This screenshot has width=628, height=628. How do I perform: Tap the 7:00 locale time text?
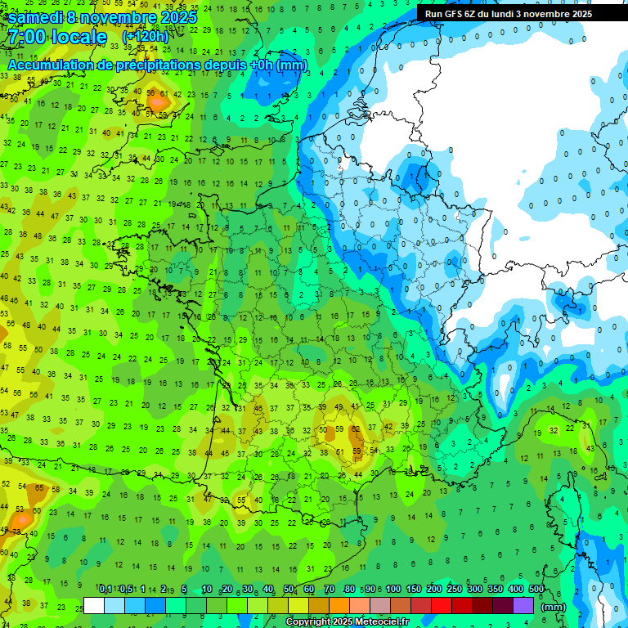coord(57,37)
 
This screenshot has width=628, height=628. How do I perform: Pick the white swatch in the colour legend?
coord(94,606)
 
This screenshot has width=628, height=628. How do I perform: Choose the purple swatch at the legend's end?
coord(523,606)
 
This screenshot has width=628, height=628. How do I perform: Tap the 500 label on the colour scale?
coord(536,590)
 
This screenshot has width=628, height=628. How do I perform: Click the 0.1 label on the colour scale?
coord(105,590)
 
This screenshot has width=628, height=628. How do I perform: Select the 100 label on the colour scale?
coord(392,590)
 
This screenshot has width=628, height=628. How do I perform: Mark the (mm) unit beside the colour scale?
coord(554,607)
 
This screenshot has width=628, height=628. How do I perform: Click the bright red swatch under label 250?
coord(442,606)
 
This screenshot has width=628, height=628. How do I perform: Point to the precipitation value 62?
coord(355,428)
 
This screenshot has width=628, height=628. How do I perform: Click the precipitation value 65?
coord(38,487)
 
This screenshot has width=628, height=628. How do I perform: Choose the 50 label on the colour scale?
coord(289,590)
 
